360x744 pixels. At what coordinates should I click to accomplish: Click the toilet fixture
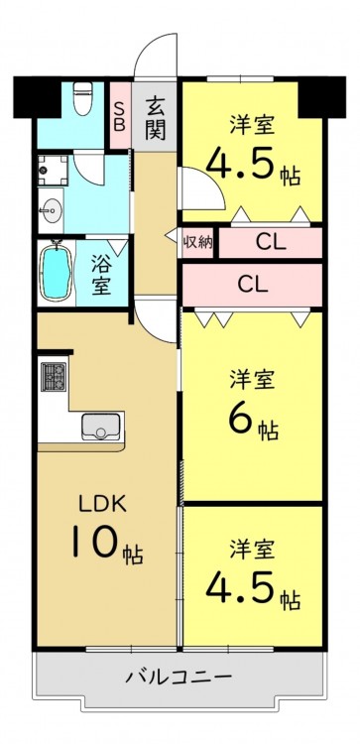click(83, 98)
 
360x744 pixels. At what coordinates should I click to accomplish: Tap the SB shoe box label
click(120, 116)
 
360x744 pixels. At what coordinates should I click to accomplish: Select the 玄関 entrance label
click(155, 117)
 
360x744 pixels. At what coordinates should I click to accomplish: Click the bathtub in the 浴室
click(56, 272)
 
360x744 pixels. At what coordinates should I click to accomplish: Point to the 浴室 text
click(101, 274)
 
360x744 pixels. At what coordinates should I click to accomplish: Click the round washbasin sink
click(52, 208)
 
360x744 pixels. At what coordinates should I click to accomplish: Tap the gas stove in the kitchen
click(54, 377)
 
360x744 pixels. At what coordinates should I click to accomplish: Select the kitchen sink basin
click(100, 427)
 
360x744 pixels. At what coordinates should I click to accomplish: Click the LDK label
click(102, 505)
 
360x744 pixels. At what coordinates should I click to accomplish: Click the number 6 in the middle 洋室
click(241, 419)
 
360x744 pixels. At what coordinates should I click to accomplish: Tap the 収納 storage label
click(197, 242)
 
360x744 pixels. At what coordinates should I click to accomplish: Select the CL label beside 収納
click(271, 243)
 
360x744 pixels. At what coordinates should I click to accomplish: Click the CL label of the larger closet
click(253, 285)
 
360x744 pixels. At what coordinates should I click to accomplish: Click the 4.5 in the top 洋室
click(240, 163)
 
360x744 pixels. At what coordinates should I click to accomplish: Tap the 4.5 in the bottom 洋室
click(240, 585)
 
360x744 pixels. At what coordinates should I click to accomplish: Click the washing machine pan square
click(54, 171)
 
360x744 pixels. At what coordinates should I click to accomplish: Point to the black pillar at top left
click(37, 97)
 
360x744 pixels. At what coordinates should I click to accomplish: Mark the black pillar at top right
click(322, 97)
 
